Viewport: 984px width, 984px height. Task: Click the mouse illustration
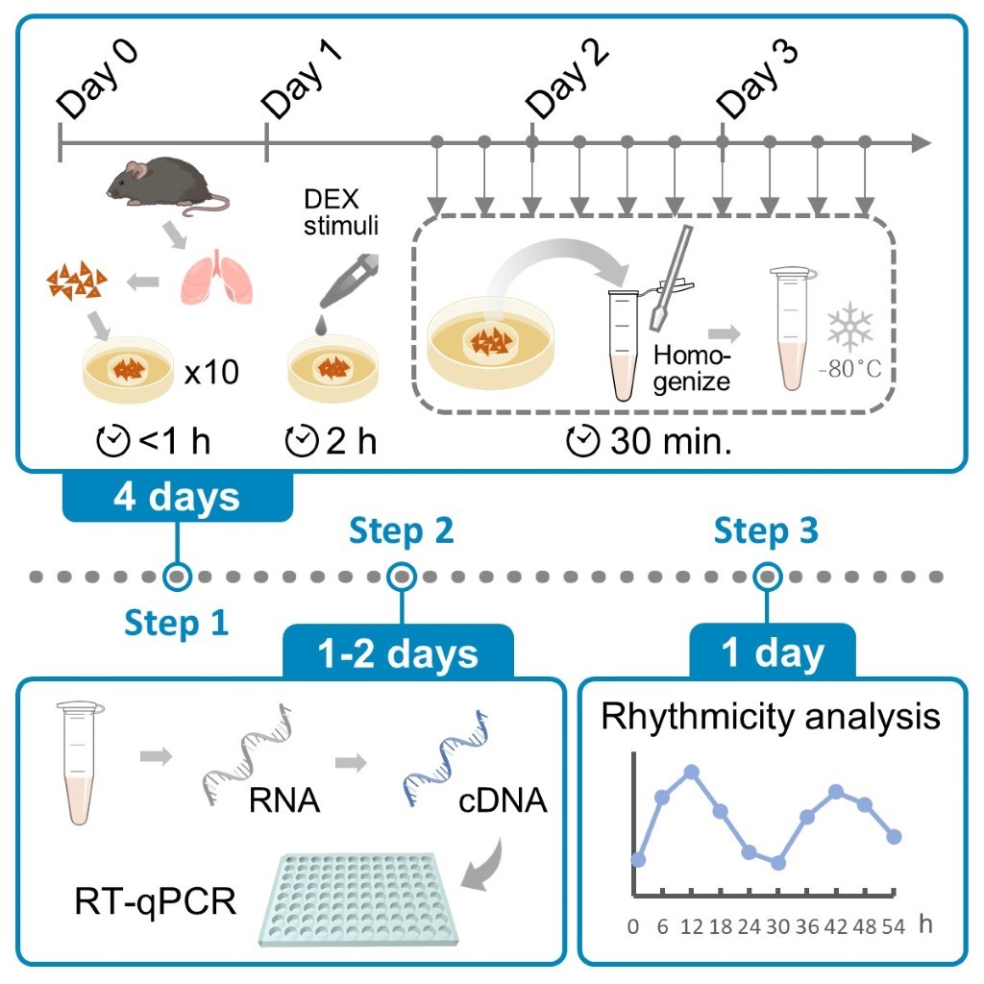(x=163, y=185)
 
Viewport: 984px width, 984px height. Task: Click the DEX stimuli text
(x=335, y=215)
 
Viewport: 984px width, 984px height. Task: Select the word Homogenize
(x=692, y=368)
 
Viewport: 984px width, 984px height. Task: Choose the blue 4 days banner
(x=177, y=498)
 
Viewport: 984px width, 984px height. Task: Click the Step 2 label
(x=401, y=529)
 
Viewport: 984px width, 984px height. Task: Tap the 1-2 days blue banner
(x=398, y=653)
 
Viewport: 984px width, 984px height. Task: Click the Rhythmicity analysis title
(x=771, y=717)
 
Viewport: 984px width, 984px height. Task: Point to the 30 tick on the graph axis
(x=778, y=927)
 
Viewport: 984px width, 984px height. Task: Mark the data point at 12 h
(x=691, y=772)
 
